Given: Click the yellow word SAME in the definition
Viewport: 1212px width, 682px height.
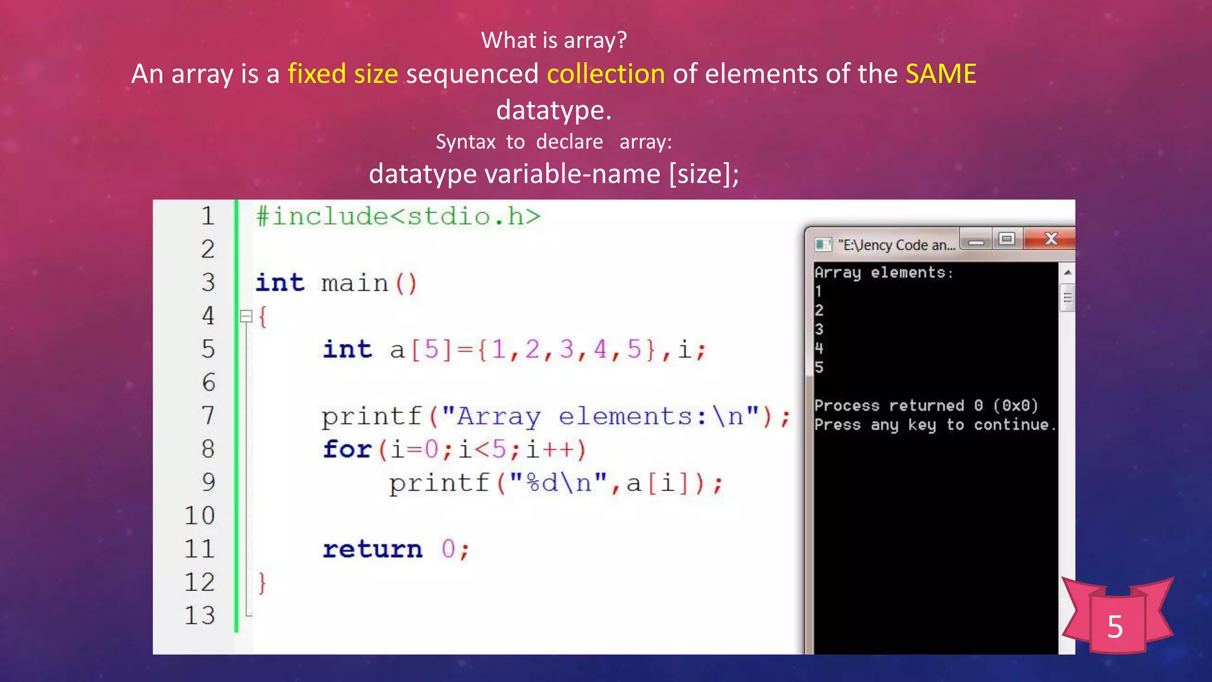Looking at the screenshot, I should click(940, 74).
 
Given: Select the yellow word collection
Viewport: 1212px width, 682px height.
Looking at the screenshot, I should click(605, 74).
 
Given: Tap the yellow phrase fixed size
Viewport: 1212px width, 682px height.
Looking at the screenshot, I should click(343, 74).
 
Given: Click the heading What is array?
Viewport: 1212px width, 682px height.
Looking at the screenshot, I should click(553, 40).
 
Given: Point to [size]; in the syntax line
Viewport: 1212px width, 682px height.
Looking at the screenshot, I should click(704, 174).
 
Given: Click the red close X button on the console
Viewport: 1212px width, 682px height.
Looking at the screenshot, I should click(1050, 239).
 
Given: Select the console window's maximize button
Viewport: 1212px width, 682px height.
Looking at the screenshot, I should click(1007, 239).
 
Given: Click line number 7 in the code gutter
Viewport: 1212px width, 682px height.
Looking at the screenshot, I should click(208, 416).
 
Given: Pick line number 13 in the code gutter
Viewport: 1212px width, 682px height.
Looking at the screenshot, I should click(199, 616).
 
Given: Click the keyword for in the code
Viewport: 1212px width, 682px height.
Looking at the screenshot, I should click(347, 449).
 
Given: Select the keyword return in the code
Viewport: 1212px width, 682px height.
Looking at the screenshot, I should click(372, 549).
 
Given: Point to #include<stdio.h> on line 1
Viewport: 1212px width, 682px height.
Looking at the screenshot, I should click(398, 217).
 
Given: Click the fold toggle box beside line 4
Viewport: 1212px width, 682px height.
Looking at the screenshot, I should click(246, 316).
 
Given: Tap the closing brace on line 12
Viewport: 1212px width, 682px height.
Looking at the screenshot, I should click(262, 583).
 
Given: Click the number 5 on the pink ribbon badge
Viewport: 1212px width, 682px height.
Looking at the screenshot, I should click(1115, 626).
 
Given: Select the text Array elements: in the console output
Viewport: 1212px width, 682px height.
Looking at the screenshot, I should click(883, 273).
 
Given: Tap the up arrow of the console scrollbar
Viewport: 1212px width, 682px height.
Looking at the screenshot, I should click(1068, 272).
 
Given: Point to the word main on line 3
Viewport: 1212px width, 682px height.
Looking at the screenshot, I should click(354, 283).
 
